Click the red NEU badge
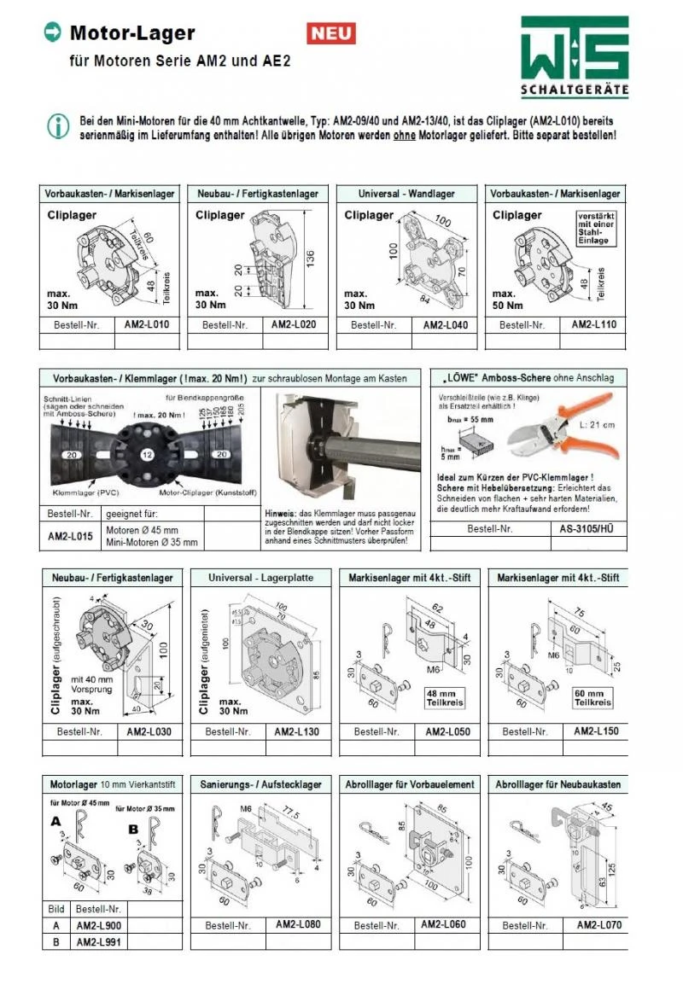tap(331, 33)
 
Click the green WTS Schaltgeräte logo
tap(575, 55)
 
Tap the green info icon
tap(58, 127)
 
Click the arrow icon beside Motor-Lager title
tap(52, 32)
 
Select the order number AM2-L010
tap(147, 325)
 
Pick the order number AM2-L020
tap(294, 325)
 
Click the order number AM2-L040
tap(445, 325)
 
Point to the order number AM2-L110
tap(593, 325)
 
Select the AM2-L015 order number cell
tap(70, 535)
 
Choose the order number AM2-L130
tap(296, 732)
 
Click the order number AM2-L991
tap(98, 941)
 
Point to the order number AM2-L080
tap(298, 924)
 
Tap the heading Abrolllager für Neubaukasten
tap(557, 783)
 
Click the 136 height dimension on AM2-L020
tap(310, 257)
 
